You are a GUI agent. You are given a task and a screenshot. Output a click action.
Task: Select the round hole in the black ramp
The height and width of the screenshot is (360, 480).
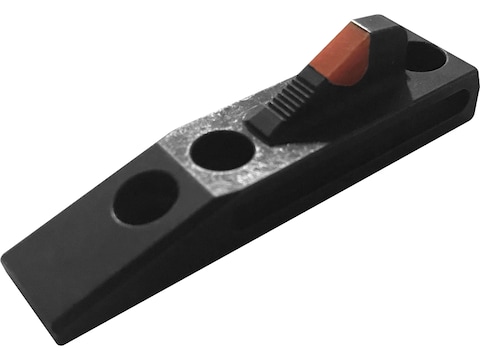click(x=145, y=196)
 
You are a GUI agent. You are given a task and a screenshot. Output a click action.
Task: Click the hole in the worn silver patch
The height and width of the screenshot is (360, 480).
click(x=221, y=150)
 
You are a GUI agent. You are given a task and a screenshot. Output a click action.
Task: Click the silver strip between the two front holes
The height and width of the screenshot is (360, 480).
click(x=185, y=170)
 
